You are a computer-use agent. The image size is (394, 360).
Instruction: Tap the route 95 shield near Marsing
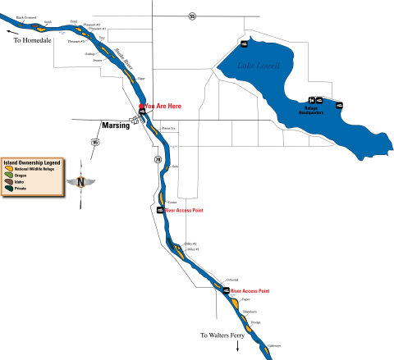pos(95,143)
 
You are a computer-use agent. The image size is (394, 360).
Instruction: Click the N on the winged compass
pos(80,181)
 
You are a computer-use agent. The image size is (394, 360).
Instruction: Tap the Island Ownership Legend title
pos(31,161)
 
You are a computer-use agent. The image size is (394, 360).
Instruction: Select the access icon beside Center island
pos(160,211)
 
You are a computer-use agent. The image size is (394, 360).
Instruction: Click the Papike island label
pos(245,300)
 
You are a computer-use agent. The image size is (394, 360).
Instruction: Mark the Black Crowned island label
pos(25,17)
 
